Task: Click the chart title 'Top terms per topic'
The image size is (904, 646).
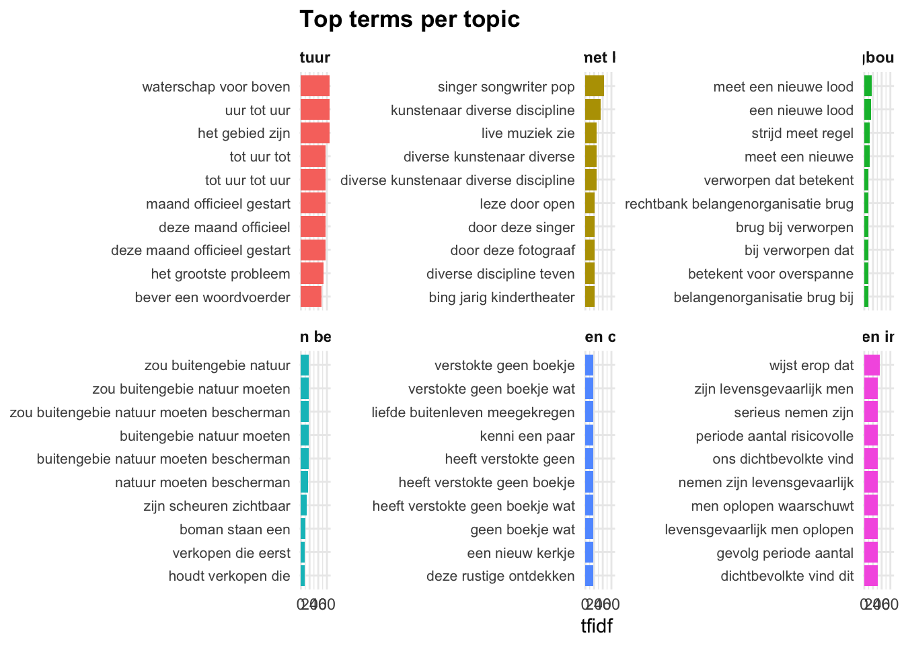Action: (409, 19)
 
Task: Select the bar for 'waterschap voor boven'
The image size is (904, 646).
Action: (315, 87)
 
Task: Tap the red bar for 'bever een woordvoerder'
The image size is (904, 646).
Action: (311, 297)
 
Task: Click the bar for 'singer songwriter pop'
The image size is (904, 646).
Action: (595, 87)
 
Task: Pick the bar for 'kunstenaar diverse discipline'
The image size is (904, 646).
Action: (593, 110)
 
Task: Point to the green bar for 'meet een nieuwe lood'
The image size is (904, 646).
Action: (868, 87)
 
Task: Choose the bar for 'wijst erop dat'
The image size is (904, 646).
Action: (872, 366)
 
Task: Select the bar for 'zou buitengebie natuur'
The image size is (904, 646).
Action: (305, 366)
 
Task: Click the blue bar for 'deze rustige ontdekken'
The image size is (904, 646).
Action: (589, 576)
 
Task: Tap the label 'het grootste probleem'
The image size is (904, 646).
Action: (221, 274)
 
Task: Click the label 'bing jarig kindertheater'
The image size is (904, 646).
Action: (502, 297)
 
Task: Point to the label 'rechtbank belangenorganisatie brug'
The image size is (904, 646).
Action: (739, 204)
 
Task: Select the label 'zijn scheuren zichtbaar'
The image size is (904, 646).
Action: (217, 506)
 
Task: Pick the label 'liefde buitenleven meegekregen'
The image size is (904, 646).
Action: (473, 412)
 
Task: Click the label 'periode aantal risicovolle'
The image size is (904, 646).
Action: (774, 436)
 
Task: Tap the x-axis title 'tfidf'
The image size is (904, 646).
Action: (597, 626)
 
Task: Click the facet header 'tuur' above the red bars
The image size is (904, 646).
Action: (315, 57)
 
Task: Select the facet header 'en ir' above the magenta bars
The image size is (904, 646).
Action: (878, 336)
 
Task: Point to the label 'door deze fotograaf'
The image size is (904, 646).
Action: (513, 251)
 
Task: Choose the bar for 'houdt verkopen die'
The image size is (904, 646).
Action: (303, 576)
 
